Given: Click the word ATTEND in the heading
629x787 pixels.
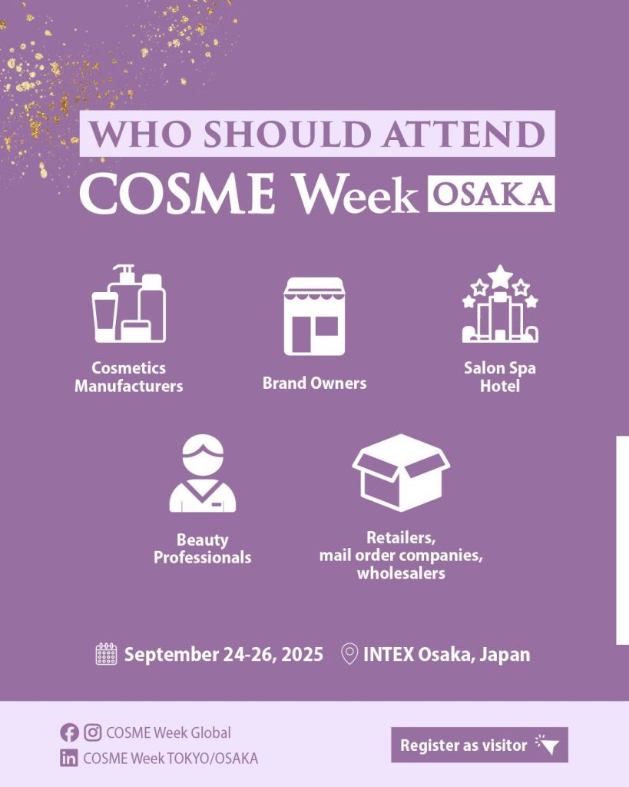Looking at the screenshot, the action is coord(463,134).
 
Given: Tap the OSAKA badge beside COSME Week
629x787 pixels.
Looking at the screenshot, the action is coord(491,194).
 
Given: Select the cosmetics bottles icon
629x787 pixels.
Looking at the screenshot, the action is coord(129,303).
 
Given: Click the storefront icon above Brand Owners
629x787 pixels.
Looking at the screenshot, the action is coord(315,316).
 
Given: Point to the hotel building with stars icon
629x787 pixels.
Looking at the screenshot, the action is coord(499,304).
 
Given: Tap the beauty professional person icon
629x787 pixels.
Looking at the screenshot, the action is coord(203,473).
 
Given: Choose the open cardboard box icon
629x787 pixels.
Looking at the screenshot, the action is coord(401,473).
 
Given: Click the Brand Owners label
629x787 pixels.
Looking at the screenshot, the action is coord(315,384).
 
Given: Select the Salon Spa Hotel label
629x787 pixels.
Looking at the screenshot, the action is coord(499,377).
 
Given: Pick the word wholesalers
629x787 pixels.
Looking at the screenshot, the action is coord(401,573).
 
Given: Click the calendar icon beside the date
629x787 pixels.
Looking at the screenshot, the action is coord(106,654).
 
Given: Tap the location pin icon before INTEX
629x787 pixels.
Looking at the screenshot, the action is coord(349,654).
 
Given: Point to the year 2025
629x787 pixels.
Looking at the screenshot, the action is coord(302,655).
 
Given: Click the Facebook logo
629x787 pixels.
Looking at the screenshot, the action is coord(69,732).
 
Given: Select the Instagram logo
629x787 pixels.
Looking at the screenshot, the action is coord(92,732).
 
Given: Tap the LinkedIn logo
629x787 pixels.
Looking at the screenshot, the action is coord(69,758).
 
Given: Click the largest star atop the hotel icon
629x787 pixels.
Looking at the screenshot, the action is coord(500,277).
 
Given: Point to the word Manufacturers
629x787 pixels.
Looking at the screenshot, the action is coord(129,386).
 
